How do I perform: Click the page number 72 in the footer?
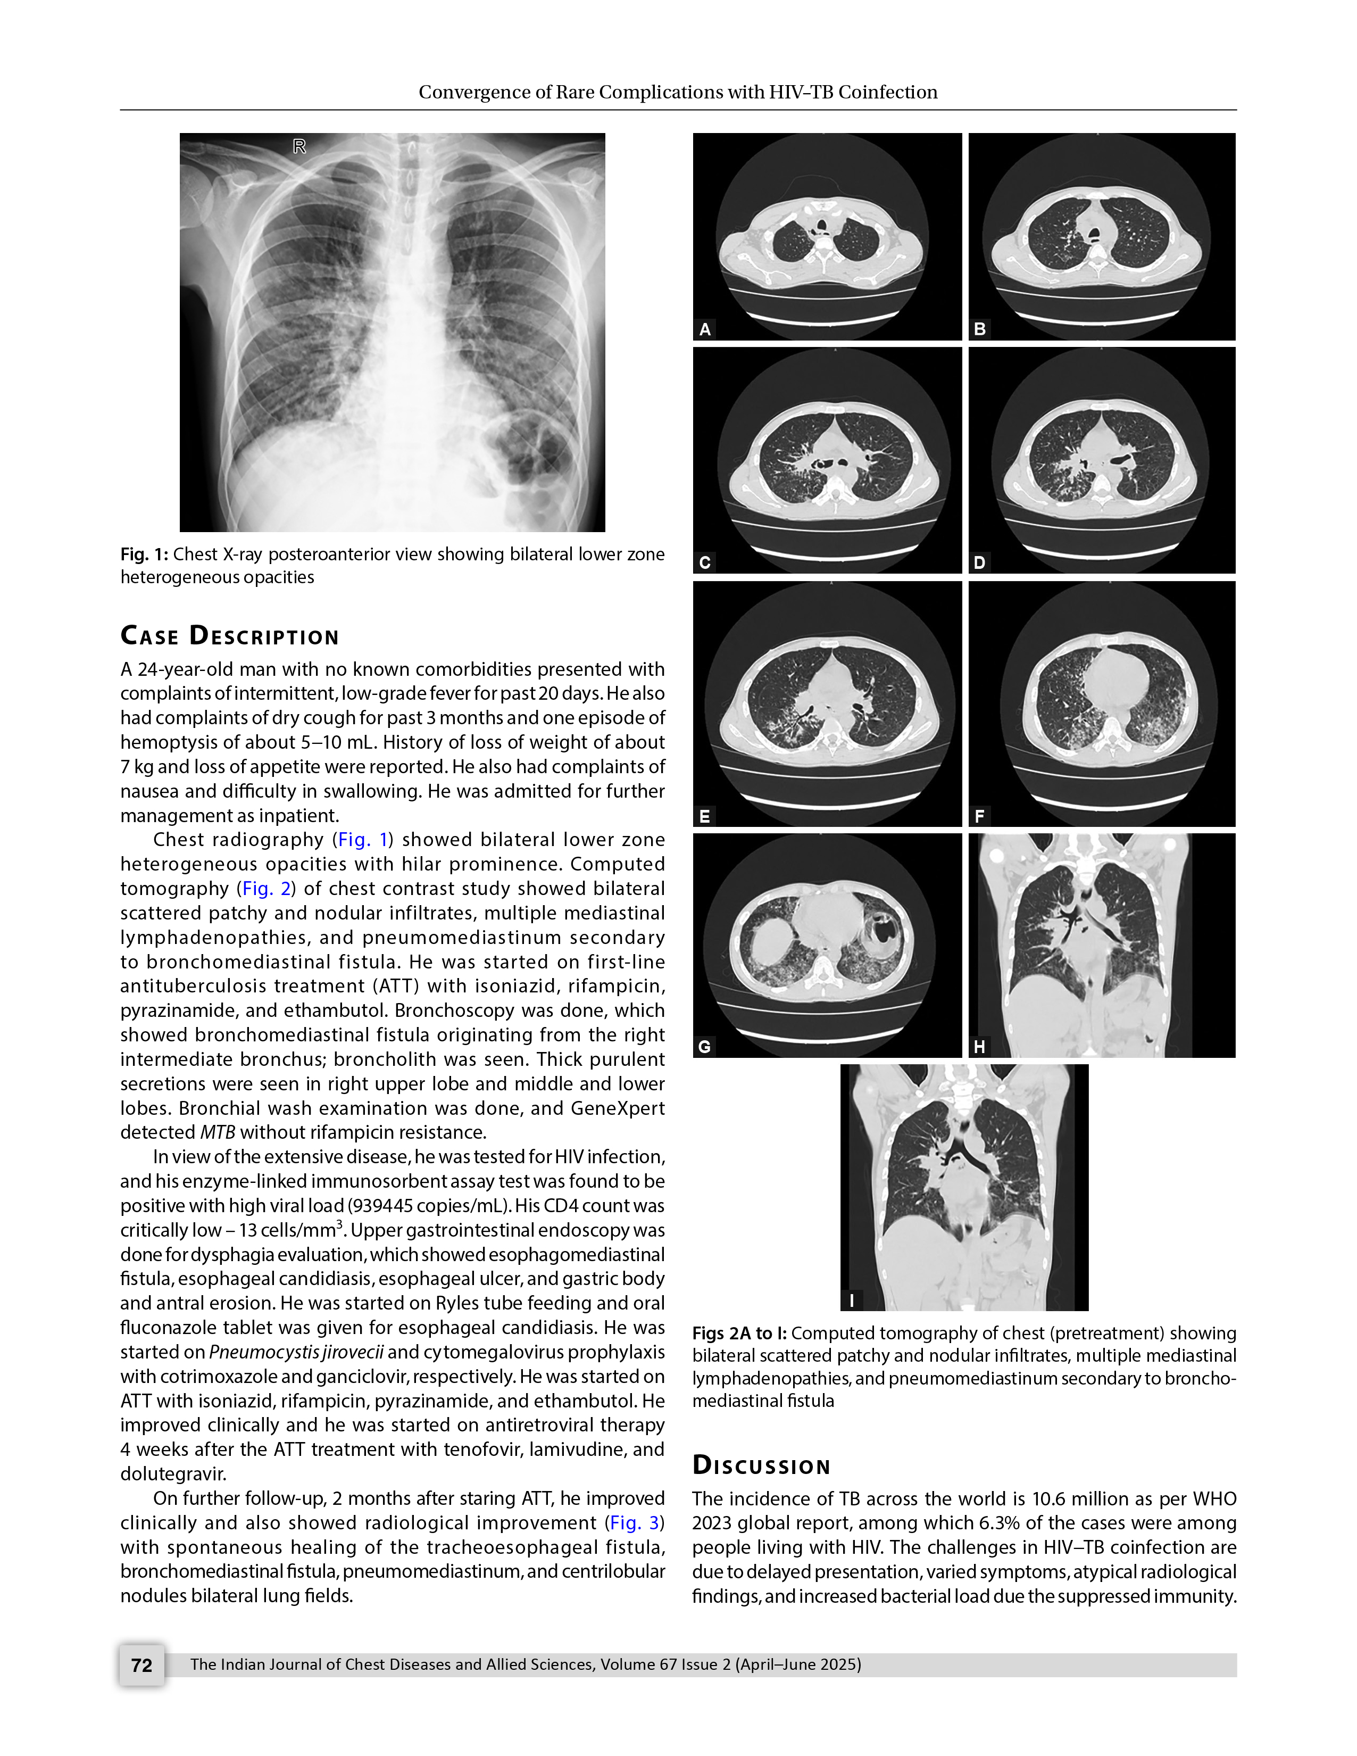(141, 1664)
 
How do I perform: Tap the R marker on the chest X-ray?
(299, 146)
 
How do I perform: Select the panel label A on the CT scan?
(705, 329)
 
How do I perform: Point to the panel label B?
(980, 329)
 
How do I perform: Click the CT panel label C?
(705, 562)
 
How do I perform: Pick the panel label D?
(980, 562)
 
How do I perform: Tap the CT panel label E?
(705, 816)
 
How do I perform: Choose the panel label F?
(980, 816)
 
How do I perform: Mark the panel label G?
(705, 1046)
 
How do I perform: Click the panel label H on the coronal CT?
(980, 1046)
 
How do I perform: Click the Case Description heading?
(230, 636)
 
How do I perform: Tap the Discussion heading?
(761, 1465)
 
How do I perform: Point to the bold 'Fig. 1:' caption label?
(144, 554)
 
